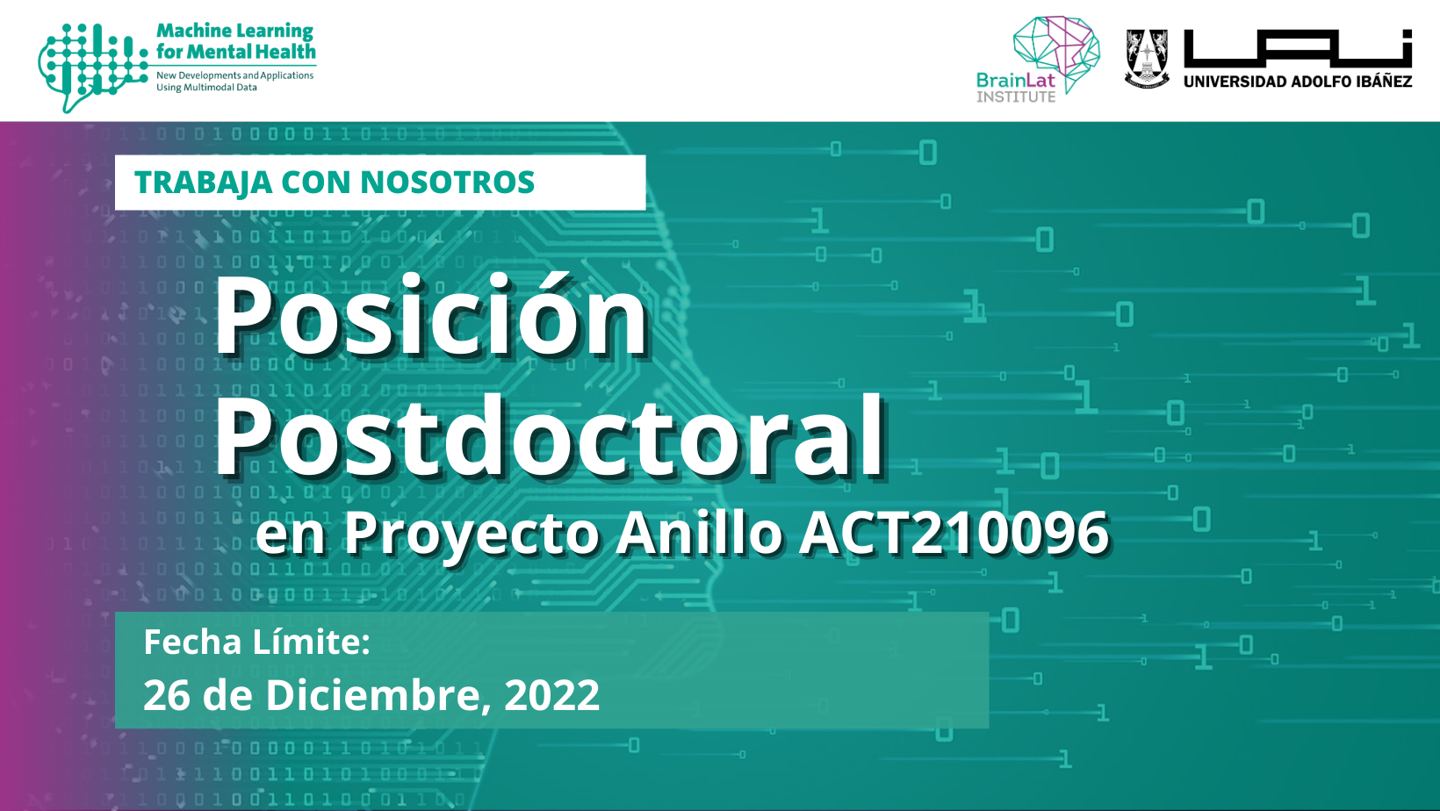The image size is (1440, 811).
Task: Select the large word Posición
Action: (431, 315)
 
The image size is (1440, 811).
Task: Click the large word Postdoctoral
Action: (551, 435)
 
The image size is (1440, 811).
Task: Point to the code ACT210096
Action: (954, 533)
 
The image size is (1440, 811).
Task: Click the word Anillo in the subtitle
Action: (700, 532)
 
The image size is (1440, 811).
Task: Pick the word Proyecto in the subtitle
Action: (472, 535)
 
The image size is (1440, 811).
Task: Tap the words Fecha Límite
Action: (257, 642)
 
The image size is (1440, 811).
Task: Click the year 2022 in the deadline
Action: (552, 695)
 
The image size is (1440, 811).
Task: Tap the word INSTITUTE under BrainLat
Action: (1016, 97)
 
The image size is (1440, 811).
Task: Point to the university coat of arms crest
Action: (1147, 59)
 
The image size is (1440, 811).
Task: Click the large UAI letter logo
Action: (1298, 48)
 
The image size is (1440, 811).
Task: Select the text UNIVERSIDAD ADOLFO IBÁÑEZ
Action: (1298, 82)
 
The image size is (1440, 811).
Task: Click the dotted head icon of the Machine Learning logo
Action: (92, 67)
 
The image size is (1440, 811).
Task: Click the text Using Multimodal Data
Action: (206, 88)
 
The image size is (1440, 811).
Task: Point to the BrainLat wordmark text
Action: (1016, 80)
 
